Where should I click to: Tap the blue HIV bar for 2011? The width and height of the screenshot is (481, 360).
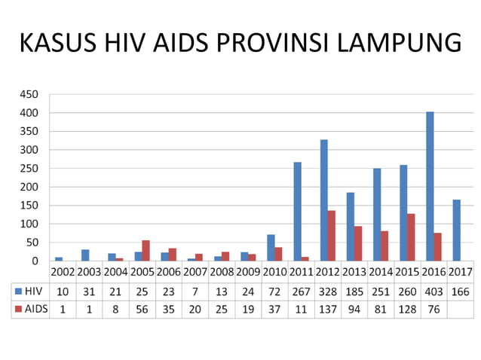(x=298, y=212)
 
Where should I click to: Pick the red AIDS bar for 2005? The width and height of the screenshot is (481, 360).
(x=146, y=251)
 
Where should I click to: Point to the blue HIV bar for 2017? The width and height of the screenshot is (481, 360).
(x=457, y=230)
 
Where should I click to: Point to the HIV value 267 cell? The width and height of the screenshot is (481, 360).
(x=302, y=290)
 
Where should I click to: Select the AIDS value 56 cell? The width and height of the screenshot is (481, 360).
(x=142, y=308)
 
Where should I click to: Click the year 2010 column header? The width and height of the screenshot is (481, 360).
(x=274, y=272)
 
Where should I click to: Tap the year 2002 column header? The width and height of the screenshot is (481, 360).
(x=63, y=272)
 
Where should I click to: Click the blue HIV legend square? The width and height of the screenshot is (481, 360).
(x=17, y=290)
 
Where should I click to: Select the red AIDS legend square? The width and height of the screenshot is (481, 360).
(x=17, y=308)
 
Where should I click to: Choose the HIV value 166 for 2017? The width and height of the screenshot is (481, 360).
(x=460, y=290)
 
